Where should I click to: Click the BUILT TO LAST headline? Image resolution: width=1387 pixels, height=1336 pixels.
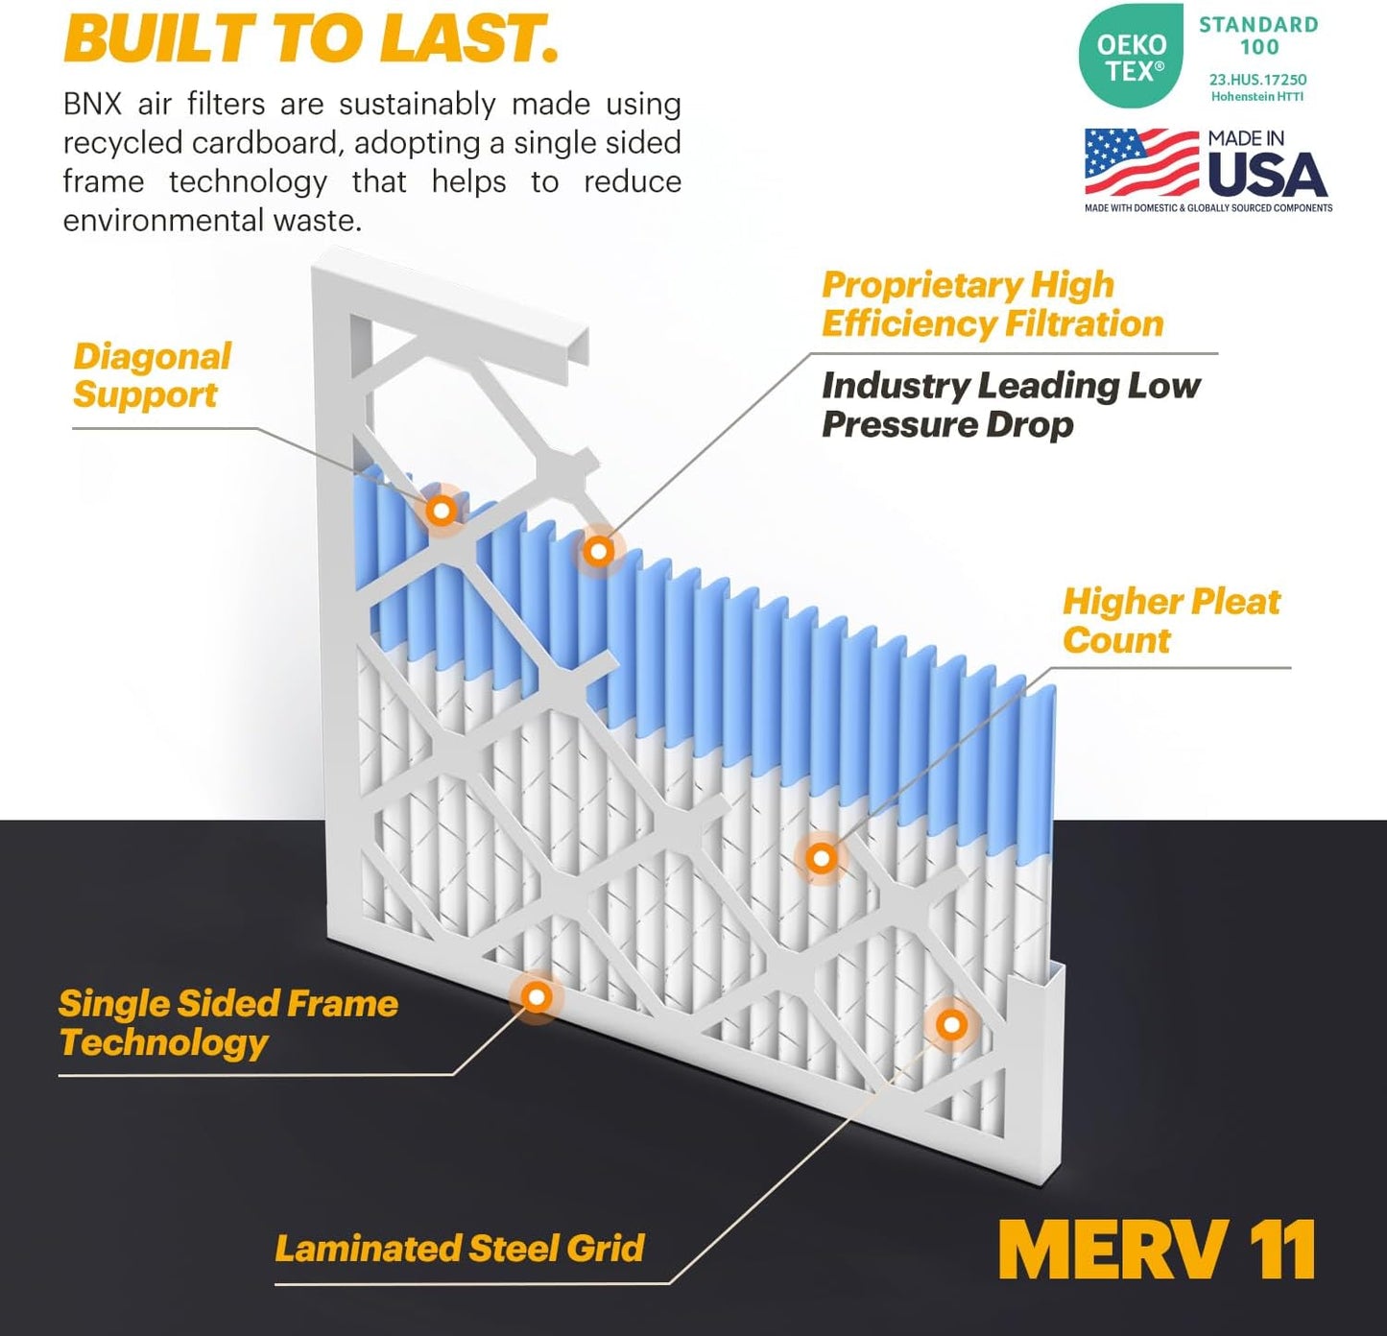pos(310,38)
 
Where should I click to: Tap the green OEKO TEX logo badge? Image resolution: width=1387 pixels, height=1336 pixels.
pos(1131,57)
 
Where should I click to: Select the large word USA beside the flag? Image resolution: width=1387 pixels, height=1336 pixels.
pos(1267,175)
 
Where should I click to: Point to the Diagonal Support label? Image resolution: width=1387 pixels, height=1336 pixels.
pos(152,375)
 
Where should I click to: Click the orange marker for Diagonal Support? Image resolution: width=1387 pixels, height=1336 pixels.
pos(442,511)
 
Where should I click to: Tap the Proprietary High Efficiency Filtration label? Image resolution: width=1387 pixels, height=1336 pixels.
pos(992,304)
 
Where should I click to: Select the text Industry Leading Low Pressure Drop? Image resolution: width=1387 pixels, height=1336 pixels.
pos(1010,404)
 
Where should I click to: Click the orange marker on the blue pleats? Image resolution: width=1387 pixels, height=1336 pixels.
pos(598,551)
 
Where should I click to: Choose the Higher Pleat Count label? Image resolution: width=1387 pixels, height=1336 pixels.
pos(1170,620)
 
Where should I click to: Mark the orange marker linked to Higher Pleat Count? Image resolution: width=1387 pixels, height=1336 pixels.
pos(821,857)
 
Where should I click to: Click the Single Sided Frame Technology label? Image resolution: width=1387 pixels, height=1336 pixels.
pos(227,1022)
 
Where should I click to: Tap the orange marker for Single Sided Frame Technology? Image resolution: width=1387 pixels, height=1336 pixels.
pos(537,997)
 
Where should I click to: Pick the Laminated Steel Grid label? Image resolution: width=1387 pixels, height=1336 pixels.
pos(459,1248)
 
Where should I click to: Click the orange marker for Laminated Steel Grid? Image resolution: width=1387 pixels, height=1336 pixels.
pos(951,1025)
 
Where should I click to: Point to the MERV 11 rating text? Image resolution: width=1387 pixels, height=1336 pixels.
pos(1157,1250)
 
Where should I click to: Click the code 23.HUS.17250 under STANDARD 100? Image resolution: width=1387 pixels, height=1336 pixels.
pos(1257,80)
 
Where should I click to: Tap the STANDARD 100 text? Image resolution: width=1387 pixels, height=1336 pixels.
pos(1258,36)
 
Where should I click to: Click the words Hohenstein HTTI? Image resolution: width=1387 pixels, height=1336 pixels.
pos(1256,97)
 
